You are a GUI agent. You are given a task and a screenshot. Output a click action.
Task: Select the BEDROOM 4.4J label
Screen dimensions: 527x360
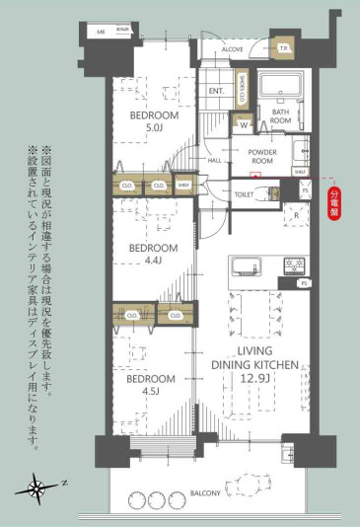click(153, 253)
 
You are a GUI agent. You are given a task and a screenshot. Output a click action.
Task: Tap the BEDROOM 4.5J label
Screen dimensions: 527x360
click(151, 384)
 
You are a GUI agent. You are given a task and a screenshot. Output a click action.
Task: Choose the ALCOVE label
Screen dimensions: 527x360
click(233, 46)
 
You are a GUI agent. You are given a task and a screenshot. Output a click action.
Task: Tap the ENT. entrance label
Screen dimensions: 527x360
click(217, 92)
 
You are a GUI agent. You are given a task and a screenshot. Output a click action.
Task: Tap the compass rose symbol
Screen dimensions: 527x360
click(36, 486)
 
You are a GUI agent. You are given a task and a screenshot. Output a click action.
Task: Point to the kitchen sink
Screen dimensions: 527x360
click(245, 266)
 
